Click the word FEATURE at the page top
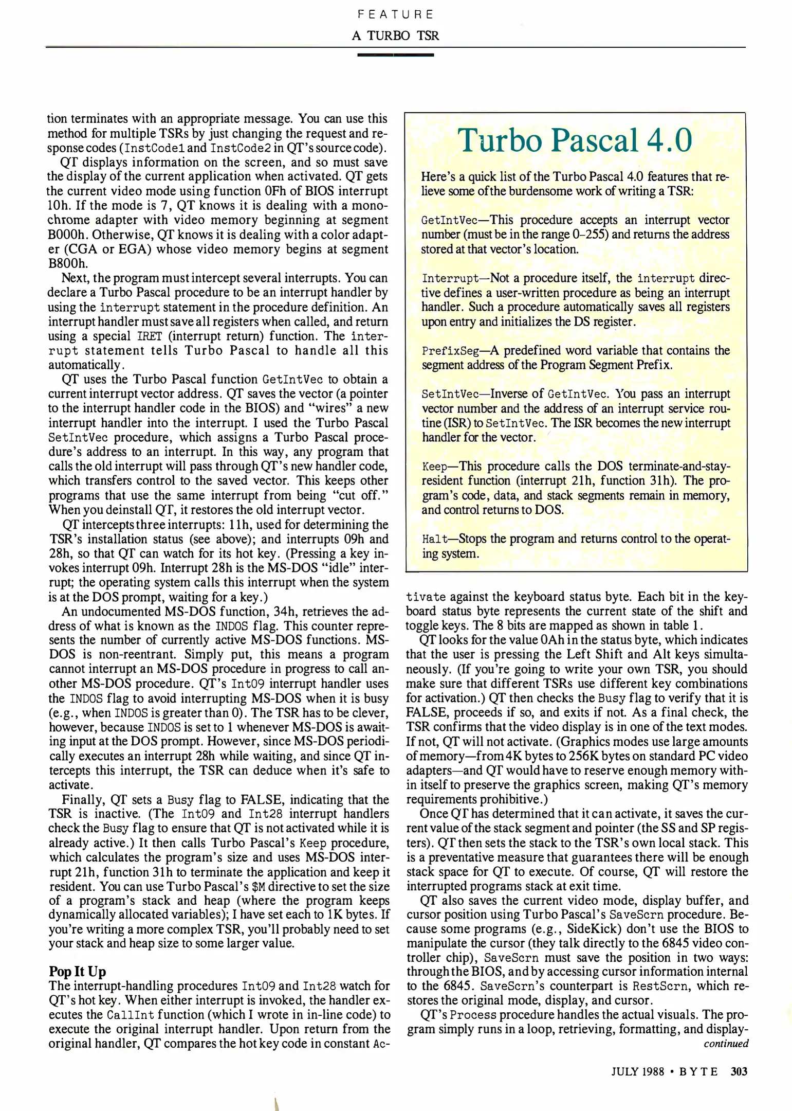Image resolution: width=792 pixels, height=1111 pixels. (396, 14)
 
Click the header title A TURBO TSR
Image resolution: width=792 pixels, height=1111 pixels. (396, 35)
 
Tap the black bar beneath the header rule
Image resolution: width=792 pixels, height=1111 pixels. (395, 55)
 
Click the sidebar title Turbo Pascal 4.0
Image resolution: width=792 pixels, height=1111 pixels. (575, 140)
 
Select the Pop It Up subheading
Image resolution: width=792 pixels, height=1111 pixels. (77, 971)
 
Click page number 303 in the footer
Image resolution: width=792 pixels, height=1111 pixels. (739, 1071)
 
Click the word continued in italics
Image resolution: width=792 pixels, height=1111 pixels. (726, 1043)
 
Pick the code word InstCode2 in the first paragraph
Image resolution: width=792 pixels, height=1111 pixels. (240, 148)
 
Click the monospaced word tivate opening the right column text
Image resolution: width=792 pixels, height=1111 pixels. (426, 597)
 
